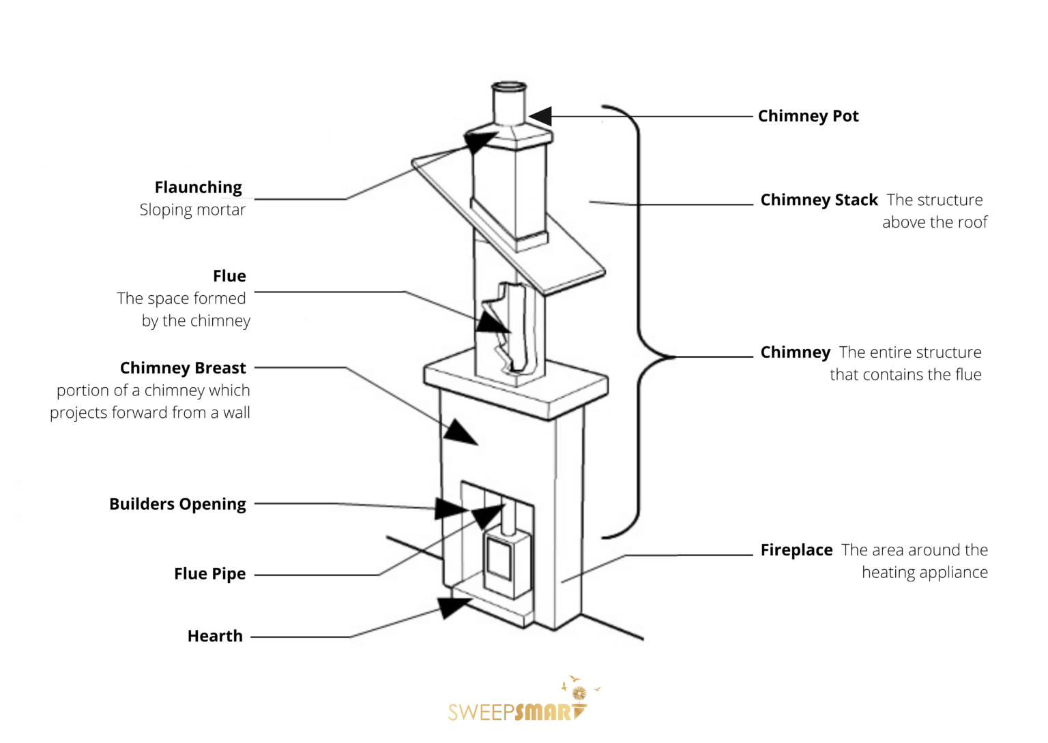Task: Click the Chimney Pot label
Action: point(808,117)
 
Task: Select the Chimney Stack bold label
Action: point(819,200)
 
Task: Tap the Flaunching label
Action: point(198,187)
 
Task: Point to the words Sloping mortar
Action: point(192,210)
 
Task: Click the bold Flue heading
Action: point(229,276)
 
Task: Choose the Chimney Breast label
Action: point(183,368)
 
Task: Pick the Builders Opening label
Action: point(177,504)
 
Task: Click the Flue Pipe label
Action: point(209,574)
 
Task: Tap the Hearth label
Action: point(215,637)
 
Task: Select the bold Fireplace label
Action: point(796,550)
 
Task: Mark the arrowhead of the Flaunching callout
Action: point(480,142)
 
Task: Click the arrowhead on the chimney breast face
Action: point(460,433)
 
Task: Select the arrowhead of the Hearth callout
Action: point(453,606)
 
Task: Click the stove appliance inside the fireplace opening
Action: point(506,562)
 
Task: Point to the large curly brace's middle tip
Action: point(672,357)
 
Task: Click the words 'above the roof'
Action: point(934,223)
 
